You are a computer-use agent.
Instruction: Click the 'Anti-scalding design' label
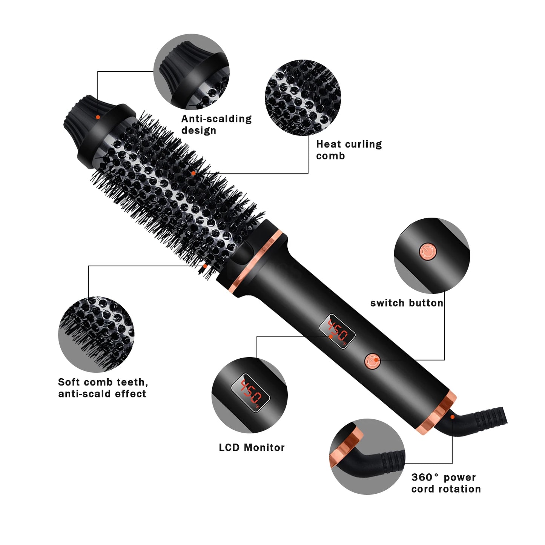click(x=216, y=124)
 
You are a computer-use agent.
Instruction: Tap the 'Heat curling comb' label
click(x=349, y=150)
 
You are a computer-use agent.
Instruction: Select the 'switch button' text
click(x=407, y=303)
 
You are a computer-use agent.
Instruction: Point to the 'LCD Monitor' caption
click(x=252, y=447)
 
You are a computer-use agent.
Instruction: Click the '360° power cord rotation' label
click(x=446, y=483)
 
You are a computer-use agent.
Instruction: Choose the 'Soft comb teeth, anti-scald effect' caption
click(x=103, y=388)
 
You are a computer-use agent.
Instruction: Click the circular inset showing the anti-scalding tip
click(x=191, y=72)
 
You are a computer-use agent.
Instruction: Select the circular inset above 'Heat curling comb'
click(x=303, y=97)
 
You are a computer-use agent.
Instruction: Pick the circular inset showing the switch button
click(x=432, y=255)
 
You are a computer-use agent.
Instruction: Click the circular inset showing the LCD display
click(x=249, y=395)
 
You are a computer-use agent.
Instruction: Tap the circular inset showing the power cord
click(x=367, y=456)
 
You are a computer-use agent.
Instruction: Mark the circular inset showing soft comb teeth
click(x=96, y=334)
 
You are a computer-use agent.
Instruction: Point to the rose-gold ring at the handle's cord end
click(x=436, y=413)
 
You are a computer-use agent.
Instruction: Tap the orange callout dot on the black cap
click(x=98, y=117)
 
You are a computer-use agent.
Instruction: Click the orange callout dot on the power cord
click(x=452, y=417)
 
